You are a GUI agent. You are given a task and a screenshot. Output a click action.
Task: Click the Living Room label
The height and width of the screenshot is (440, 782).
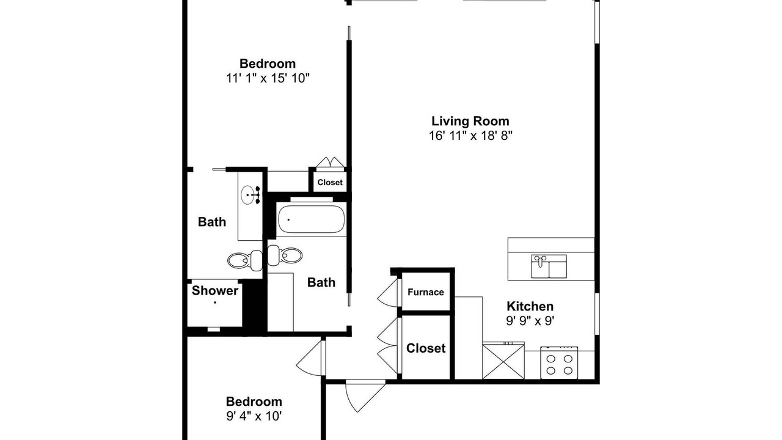(x=470, y=121)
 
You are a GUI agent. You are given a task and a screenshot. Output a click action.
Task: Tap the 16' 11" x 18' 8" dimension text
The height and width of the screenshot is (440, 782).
(x=470, y=136)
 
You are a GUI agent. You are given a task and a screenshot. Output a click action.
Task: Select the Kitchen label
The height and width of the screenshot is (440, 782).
(x=530, y=306)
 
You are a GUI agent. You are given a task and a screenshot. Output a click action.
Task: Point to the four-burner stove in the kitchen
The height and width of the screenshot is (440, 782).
(x=559, y=362)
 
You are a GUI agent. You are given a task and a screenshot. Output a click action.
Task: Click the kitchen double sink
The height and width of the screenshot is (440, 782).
(x=549, y=266)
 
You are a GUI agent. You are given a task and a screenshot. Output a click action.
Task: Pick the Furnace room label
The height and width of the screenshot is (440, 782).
(x=426, y=292)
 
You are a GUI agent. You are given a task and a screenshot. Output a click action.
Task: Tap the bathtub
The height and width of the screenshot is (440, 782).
(x=311, y=219)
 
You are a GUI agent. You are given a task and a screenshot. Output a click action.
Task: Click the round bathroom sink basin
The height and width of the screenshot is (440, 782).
(x=247, y=195)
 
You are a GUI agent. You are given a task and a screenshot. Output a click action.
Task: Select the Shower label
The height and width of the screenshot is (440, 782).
(x=214, y=290)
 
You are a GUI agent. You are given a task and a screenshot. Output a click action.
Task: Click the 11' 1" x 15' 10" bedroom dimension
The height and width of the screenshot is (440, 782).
(x=268, y=78)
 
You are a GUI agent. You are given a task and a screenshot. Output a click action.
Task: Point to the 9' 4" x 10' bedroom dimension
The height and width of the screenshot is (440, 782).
(x=254, y=416)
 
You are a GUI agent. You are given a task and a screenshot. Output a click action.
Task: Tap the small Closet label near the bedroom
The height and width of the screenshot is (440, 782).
(x=330, y=182)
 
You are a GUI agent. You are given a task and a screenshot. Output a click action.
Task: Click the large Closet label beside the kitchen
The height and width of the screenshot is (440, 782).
(x=426, y=348)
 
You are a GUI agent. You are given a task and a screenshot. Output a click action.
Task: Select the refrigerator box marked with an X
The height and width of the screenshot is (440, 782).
(x=503, y=361)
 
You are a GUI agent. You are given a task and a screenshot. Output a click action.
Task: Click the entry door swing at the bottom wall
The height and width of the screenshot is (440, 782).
(x=365, y=397)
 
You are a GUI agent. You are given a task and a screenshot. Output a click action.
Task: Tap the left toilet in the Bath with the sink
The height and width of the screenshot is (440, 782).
(x=245, y=260)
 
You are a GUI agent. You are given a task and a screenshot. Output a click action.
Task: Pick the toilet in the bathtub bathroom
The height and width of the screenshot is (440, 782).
(x=285, y=255)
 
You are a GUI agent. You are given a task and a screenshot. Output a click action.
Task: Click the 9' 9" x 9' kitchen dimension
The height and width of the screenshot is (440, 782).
(x=530, y=321)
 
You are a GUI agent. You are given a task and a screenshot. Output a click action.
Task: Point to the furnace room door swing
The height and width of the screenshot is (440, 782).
(x=388, y=293)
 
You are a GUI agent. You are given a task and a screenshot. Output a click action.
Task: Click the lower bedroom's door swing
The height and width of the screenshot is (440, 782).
(x=310, y=358)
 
